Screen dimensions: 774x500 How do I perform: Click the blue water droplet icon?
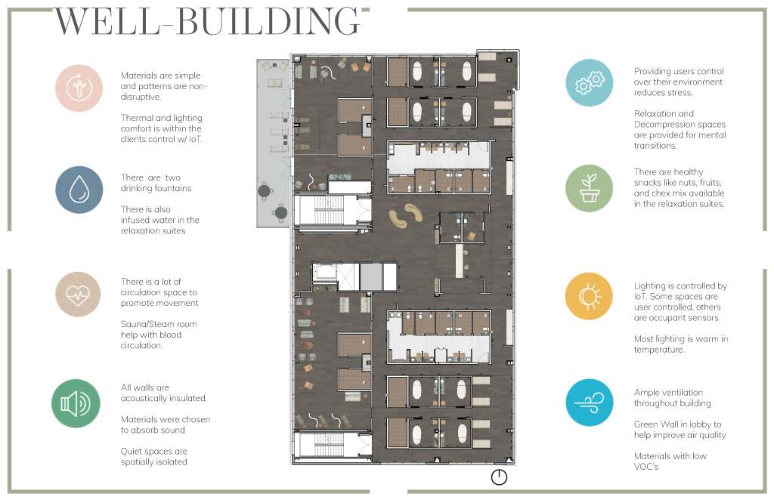[x=79, y=190]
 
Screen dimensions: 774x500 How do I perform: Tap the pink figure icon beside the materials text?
[x=79, y=88]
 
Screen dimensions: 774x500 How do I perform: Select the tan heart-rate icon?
[x=78, y=295]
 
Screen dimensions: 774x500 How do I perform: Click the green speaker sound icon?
[x=76, y=403]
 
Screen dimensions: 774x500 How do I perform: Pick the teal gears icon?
[x=590, y=82]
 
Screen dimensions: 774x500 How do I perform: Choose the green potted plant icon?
[x=590, y=188]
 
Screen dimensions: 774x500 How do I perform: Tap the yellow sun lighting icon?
[x=590, y=296]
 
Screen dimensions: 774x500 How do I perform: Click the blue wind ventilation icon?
[x=590, y=403]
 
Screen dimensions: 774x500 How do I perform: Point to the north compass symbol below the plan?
[x=499, y=477]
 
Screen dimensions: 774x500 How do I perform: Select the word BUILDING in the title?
[x=268, y=22]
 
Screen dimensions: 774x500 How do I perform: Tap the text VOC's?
[x=646, y=467]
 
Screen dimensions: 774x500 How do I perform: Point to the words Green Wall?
[x=655, y=424]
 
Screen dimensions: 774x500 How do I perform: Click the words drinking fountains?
[x=156, y=188]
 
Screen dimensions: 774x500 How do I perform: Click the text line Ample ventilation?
[x=668, y=393]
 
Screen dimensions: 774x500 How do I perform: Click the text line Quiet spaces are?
[x=154, y=451]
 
